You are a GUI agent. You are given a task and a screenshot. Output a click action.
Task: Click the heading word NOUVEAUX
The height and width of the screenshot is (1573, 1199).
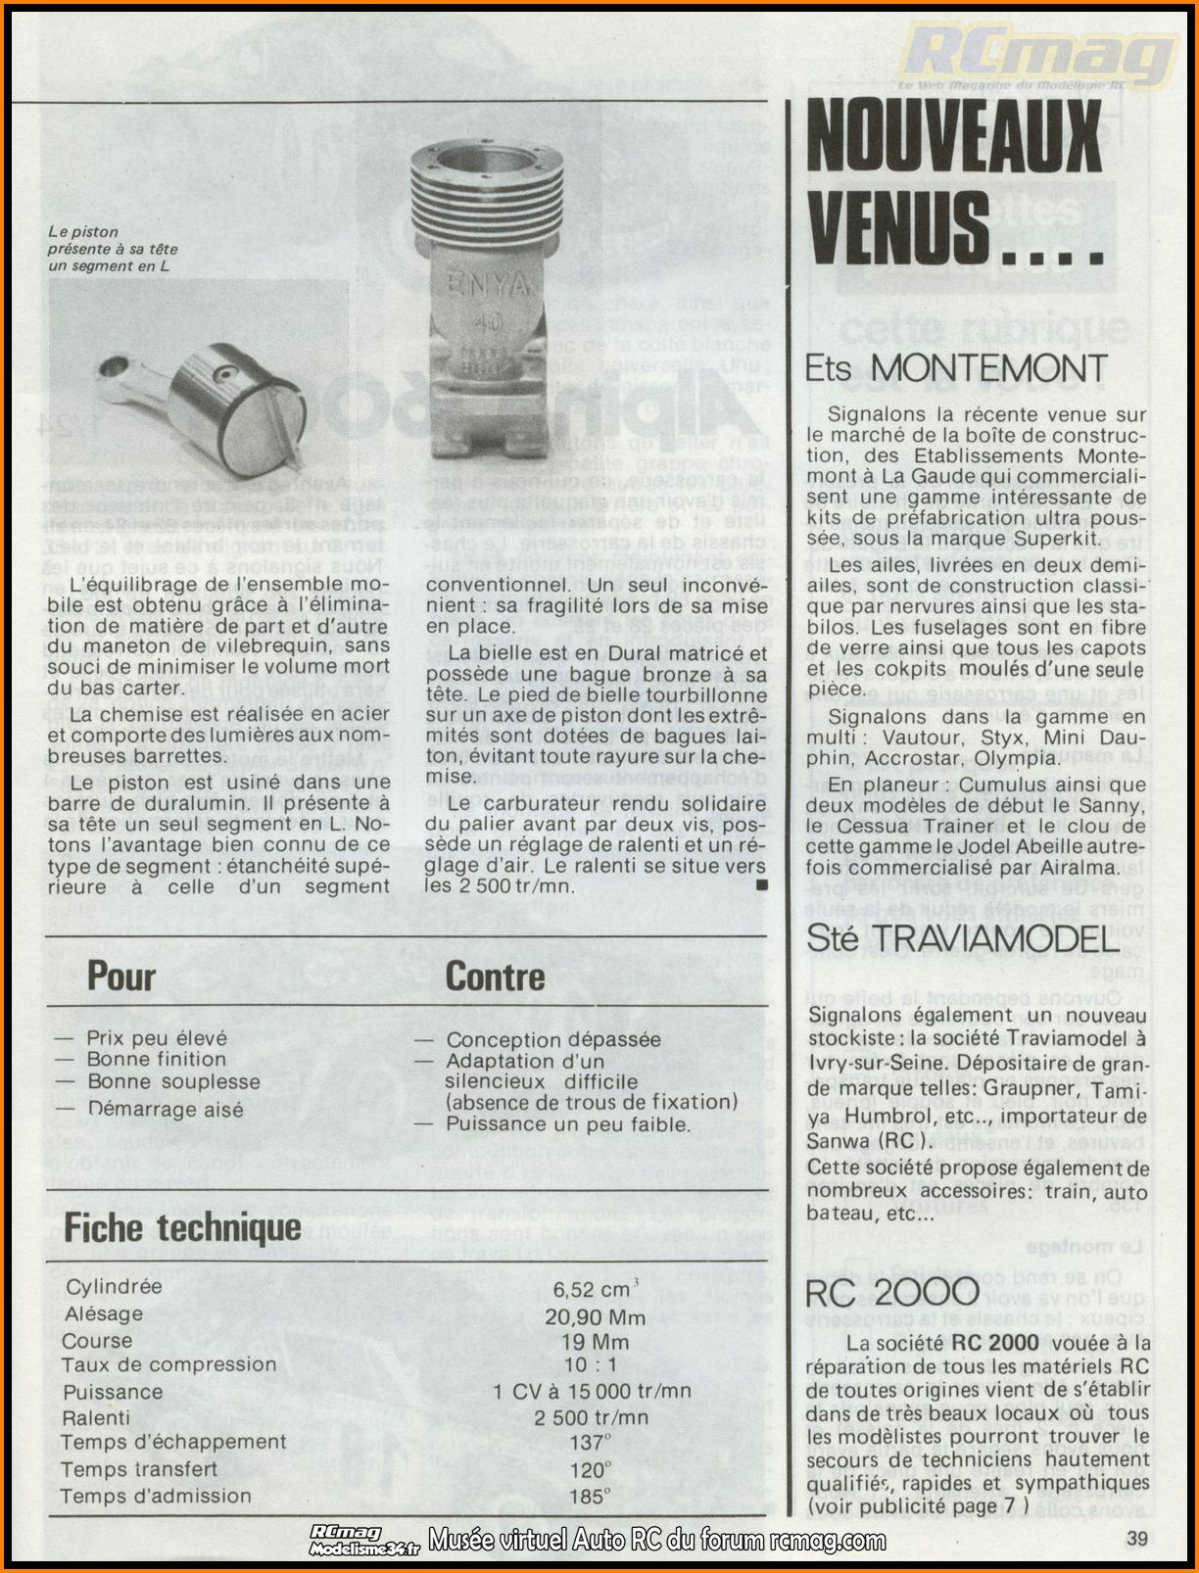pyautogui.click(x=954, y=138)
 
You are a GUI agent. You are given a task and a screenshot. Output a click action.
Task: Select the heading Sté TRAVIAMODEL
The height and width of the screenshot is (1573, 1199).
pyautogui.click(x=961, y=938)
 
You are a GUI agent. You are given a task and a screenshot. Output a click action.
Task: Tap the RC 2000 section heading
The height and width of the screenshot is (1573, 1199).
pyautogui.click(x=891, y=1292)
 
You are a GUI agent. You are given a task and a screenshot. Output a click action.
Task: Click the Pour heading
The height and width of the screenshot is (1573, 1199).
pyautogui.click(x=121, y=977)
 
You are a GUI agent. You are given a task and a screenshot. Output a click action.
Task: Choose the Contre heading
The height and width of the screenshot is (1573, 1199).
pyautogui.click(x=495, y=977)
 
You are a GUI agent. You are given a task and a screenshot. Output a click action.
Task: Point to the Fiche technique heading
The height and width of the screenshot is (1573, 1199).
pyautogui.click(x=182, y=1227)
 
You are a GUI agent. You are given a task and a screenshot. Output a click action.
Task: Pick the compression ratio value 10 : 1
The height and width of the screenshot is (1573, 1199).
pyautogui.click(x=591, y=1364)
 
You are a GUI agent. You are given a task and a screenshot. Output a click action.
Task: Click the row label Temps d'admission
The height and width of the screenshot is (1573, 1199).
pyautogui.click(x=156, y=1496)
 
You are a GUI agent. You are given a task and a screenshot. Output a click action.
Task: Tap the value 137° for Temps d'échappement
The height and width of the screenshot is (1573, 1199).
pyautogui.click(x=590, y=1443)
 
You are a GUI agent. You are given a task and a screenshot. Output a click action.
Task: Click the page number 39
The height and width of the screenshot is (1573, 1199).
pyautogui.click(x=1136, y=1538)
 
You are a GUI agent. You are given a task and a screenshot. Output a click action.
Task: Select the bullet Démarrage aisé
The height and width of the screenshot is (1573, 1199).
pyautogui.click(x=165, y=1109)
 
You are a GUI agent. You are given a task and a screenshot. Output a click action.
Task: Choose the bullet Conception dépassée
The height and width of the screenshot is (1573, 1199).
pyautogui.click(x=552, y=1039)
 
